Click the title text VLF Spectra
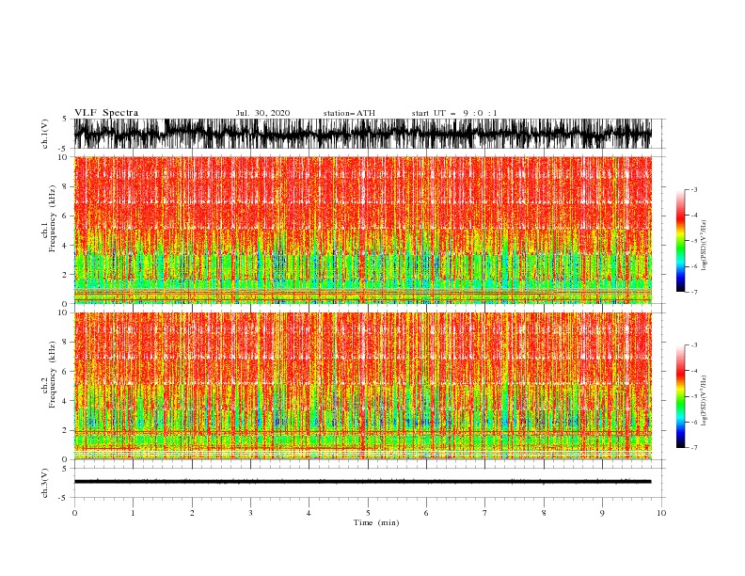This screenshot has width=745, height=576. click(106, 113)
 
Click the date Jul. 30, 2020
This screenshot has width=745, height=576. click(262, 113)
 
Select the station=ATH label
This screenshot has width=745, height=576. click(349, 113)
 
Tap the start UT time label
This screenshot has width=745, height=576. click(454, 113)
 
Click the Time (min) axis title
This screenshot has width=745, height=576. click(368, 521)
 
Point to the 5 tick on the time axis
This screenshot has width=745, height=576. click(368, 513)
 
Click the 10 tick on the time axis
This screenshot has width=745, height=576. click(661, 513)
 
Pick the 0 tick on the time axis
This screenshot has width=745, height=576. click(74, 513)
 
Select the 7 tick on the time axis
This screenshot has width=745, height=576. click(485, 513)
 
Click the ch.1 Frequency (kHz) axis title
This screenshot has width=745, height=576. click(46, 230)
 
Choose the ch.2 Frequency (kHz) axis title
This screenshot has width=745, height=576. click(46, 385)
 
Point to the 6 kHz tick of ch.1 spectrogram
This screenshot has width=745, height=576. click(64, 216)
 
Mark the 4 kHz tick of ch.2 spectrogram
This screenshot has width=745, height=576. click(64, 401)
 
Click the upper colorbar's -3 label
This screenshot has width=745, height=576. click(693, 190)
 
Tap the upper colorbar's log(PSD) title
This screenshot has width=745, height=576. click(704, 240)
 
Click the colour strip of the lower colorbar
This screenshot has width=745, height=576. click(680, 396)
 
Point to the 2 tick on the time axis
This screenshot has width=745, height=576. click(192, 513)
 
